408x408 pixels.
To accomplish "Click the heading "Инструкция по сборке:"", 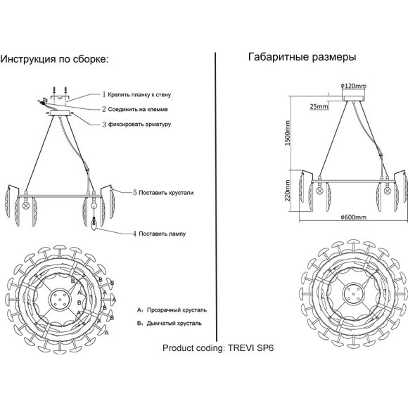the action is coord(54,59).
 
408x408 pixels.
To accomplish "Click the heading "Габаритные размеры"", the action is coord(302,57).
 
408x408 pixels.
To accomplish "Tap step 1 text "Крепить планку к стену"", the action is coord(139,95).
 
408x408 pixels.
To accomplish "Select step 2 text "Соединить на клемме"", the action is coord(138,109).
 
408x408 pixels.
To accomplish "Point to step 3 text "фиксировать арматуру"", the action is coord(139,124).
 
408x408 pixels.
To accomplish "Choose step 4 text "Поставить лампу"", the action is coord(162,234).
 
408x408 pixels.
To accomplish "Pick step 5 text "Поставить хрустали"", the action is coord(166,193).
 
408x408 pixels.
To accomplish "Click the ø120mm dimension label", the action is coord(353,86).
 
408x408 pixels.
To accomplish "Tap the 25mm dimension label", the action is coord(319,106).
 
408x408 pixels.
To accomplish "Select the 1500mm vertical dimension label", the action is coord(287,133).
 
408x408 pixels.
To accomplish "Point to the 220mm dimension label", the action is coord(287,191).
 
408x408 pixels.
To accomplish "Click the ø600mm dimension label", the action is coord(353,217).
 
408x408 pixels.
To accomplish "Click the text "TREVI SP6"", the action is coord(251,348).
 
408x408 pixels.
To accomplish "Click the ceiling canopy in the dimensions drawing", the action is coord(353,98).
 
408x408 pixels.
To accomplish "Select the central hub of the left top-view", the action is coord(60,299).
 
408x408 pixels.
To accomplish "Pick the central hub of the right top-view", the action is coord(353,293).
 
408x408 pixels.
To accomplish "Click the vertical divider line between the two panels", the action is coord(216,197).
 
